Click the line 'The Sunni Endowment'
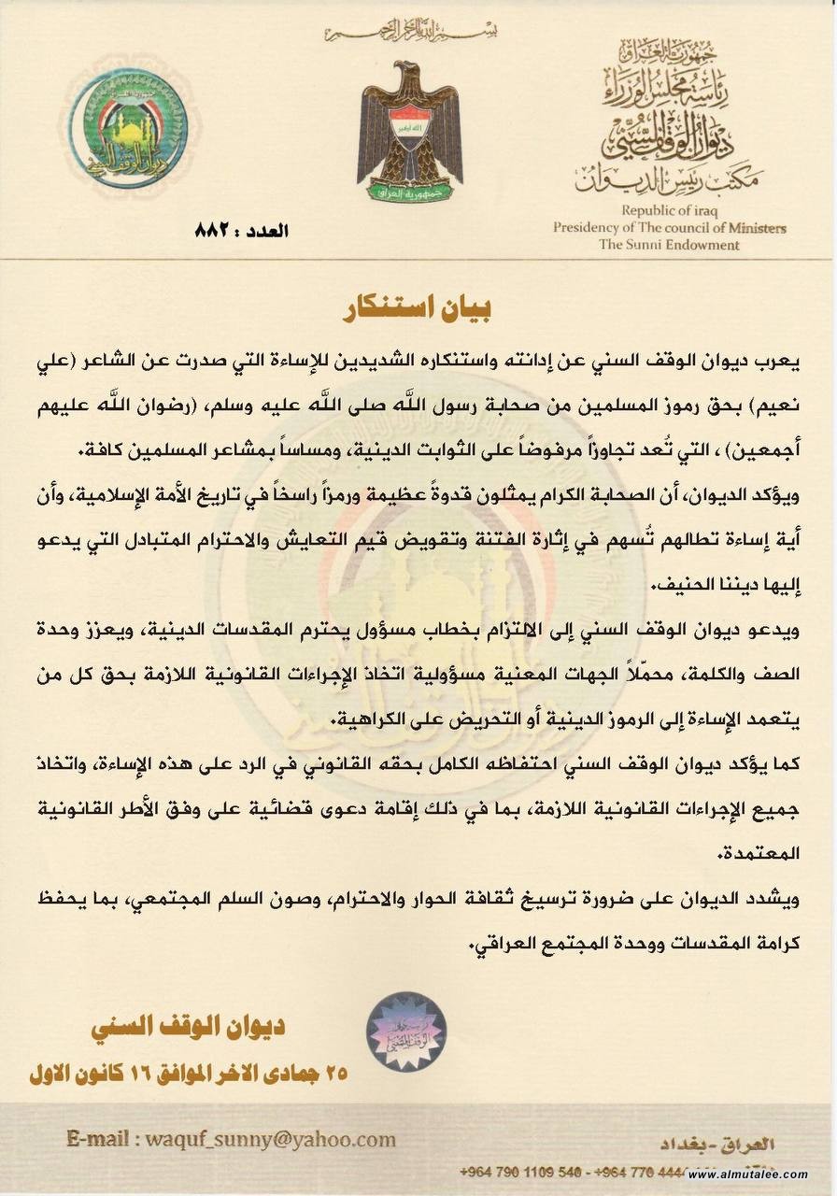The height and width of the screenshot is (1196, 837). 669,245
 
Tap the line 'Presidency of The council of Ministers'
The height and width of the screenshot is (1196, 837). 669,227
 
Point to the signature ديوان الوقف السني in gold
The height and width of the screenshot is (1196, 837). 188,1028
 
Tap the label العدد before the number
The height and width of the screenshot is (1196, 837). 262,229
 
